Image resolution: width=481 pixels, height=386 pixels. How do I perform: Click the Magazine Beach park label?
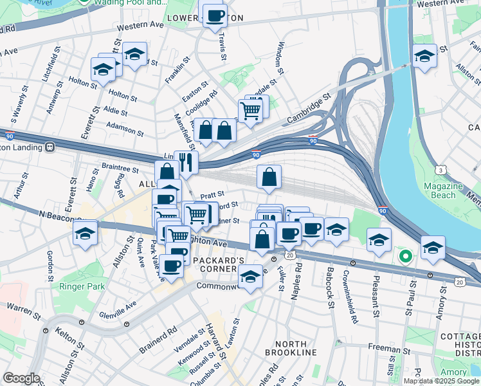click(444, 190)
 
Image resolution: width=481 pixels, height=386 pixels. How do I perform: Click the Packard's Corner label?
click(219, 264)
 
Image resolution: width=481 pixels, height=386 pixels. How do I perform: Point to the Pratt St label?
click(212, 194)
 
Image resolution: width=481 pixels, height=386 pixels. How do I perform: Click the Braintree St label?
click(120, 169)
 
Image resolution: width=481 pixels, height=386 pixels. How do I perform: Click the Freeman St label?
click(386, 348)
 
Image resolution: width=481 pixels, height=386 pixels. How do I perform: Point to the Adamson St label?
click(125, 129)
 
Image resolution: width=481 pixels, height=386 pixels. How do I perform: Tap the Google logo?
click(21, 378)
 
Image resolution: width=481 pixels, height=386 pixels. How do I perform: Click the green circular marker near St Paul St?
click(405, 257)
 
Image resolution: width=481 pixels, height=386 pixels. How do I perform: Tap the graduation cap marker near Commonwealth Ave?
click(250, 277)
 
